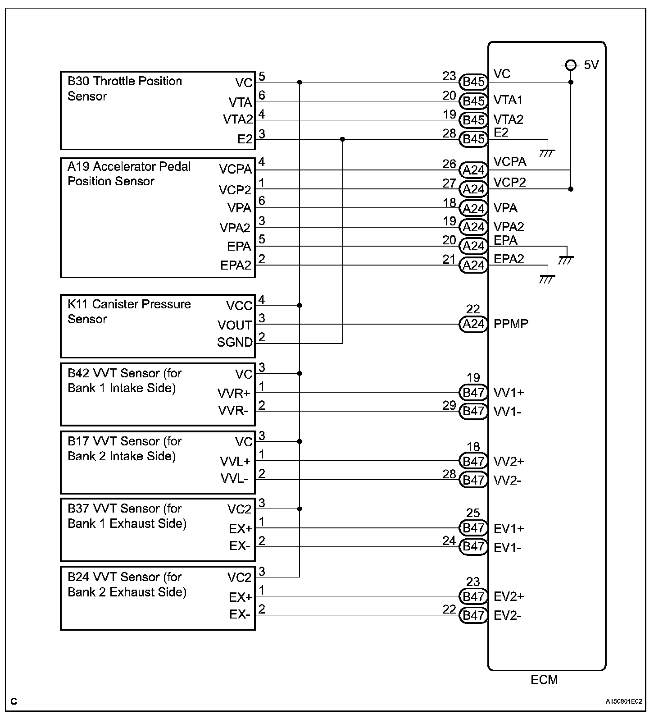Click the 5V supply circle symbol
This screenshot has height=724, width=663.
(x=571, y=65)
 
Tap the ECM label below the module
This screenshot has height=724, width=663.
(x=544, y=679)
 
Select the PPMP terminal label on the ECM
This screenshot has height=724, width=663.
(x=511, y=324)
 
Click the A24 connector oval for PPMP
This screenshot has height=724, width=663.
(x=473, y=324)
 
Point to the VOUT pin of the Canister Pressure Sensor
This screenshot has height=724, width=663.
(x=234, y=325)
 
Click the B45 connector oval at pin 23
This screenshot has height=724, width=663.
(x=473, y=82)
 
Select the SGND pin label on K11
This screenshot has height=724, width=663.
(x=235, y=343)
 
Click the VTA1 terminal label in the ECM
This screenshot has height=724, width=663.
(x=508, y=100)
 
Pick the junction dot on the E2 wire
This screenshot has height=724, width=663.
(x=342, y=139)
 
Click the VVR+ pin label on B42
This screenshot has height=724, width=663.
(x=234, y=394)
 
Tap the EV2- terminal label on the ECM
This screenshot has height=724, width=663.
(x=508, y=615)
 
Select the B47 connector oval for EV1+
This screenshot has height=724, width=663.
(x=473, y=528)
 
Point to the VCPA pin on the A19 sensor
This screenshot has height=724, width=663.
(x=235, y=169)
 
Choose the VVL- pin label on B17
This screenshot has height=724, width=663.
(x=234, y=478)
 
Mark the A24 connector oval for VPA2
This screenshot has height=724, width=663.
(x=473, y=227)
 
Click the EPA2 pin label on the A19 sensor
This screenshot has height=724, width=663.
(x=235, y=265)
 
